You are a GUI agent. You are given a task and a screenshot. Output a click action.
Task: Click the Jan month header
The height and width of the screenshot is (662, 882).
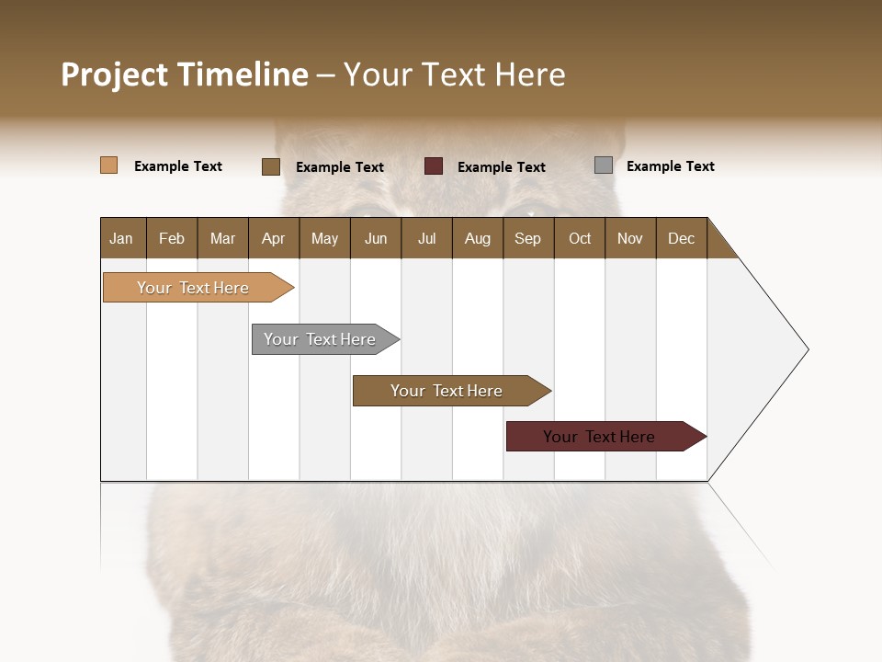[122, 238]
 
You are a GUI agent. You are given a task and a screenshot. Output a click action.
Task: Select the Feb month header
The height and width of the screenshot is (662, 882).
[172, 238]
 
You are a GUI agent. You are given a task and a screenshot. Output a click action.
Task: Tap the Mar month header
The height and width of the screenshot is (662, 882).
[222, 238]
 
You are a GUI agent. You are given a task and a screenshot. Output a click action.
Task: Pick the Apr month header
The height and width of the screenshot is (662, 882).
[274, 238]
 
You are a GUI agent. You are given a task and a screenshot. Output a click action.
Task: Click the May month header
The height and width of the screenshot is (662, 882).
[324, 238]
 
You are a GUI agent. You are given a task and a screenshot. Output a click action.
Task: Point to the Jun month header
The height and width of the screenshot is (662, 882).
[376, 238]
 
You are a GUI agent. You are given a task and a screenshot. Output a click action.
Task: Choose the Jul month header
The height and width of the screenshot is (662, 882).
[426, 238]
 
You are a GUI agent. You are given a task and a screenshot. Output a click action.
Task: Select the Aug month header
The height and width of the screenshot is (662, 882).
[478, 238]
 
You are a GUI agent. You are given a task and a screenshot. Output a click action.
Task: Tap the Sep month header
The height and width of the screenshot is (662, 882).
[528, 238]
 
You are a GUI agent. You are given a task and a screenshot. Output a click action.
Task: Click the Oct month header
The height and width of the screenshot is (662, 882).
[580, 238]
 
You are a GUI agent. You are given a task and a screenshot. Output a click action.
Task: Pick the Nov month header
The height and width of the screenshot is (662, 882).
[630, 238]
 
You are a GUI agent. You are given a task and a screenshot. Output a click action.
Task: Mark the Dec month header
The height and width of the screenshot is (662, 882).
[682, 238]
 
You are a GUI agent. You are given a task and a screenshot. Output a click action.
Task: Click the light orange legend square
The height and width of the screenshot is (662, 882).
[109, 165]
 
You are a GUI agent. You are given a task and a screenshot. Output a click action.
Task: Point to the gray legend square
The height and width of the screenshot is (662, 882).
[604, 165]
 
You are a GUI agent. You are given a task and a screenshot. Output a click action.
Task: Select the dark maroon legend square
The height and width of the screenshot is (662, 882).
[434, 166]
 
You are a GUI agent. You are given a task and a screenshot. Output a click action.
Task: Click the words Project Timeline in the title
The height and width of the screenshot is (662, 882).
[185, 74]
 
